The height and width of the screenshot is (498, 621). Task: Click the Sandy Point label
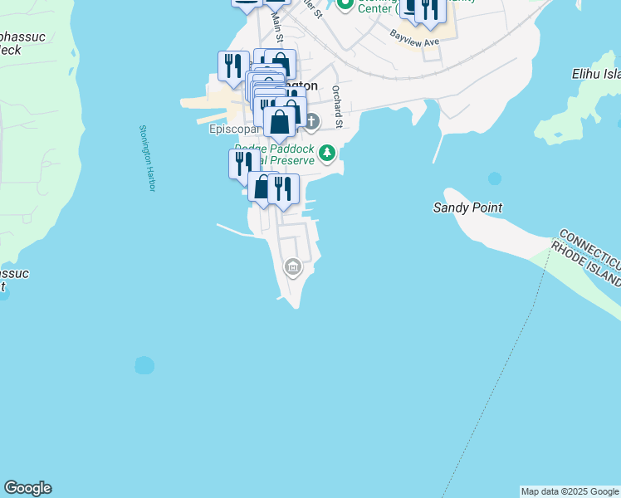click(x=467, y=207)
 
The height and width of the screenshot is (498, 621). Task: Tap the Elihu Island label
click(x=596, y=73)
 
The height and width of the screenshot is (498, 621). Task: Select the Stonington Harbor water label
click(x=146, y=159)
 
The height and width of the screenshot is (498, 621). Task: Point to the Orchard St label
click(x=337, y=106)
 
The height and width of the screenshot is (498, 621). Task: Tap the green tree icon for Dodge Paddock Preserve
click(x=327, y=152)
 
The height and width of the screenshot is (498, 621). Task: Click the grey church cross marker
click(x=311, y=123)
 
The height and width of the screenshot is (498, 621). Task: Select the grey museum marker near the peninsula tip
click(x=292, y=267)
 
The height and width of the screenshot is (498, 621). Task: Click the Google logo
click(x=27, y=488)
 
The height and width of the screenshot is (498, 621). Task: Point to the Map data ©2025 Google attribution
click(x=570, y=491)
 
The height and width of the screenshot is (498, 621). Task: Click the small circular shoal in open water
click(x=144, y=365)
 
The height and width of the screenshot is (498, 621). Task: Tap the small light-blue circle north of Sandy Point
click(x=495, y=178)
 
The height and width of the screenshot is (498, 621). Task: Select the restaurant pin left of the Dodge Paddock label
click(x=241, y=162)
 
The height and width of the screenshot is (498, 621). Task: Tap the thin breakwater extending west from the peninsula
click(x=232, y=228)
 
